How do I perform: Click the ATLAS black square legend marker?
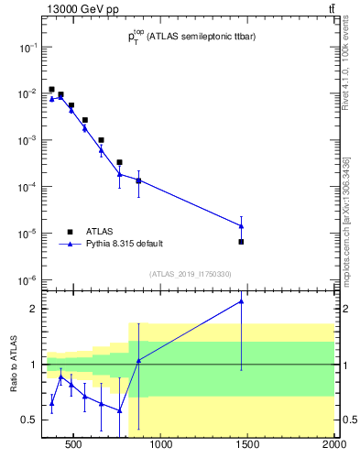pyautogui.click(x=70, y=232)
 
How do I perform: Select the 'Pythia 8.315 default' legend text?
pyautogui.click(x=125, y=244)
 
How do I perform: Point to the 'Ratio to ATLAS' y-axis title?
pyautogui.click(x=14, y=365)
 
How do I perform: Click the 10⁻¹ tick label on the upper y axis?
pyautogui.click(x=27, y=47)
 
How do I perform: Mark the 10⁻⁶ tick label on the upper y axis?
pyautogui.click(x=27, y=280)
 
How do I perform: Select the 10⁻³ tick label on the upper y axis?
pyautogui.click(x=27, y=140)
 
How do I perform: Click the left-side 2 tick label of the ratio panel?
pyautogui.click(x=33, y=309)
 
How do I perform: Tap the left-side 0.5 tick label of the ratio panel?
pyautogui.click(x=29, y=420)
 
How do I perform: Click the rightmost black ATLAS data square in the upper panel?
pyautogui.click(x=241, y=242)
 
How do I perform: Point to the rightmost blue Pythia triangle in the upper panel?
pyautogui.click(x=241, y=225)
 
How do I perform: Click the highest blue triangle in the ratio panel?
pyautogui.click(x=241, y=301)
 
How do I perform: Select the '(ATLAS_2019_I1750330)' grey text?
pyautogui.click(x=190, y=273)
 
